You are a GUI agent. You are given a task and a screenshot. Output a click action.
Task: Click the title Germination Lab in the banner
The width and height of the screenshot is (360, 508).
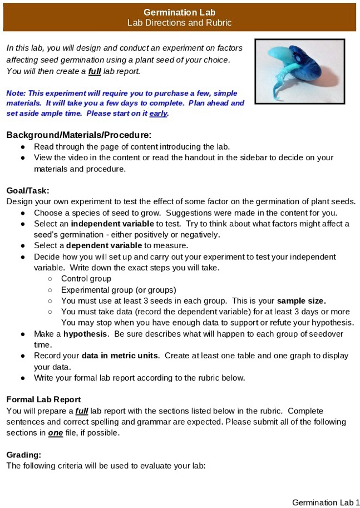(179, 12)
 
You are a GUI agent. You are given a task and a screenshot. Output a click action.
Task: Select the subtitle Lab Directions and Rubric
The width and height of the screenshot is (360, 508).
(179, 23)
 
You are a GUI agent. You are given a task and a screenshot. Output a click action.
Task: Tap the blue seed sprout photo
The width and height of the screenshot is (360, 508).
(299, 71)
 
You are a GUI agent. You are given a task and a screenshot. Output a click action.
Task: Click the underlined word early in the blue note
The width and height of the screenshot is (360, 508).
(158, 114)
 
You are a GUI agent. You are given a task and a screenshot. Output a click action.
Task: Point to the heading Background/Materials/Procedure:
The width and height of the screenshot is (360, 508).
(79, 135)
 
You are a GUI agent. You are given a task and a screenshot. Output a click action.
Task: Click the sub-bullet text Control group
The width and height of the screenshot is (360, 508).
(86, 279)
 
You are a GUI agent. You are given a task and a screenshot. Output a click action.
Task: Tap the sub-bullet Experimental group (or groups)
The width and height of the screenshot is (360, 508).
(119, 290)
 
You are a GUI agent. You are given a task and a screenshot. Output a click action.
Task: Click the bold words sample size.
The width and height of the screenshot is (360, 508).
(302, 300)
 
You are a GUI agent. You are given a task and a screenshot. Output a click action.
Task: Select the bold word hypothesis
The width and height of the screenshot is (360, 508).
(85, 334)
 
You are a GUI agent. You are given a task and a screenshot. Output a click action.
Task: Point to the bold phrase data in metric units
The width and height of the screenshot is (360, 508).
(120, 356)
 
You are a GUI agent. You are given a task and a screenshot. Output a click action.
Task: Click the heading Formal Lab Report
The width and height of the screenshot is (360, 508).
(43, 400)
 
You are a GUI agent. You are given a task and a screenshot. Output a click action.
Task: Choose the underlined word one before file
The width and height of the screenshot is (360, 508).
(55, 433)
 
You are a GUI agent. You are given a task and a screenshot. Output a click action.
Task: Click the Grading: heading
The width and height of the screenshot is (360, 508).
(23, 455)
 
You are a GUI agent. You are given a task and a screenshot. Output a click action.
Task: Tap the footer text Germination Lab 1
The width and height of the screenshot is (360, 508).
(326, 502)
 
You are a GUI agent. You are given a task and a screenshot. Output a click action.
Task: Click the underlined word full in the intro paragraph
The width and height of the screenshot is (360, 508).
(94, 71)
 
